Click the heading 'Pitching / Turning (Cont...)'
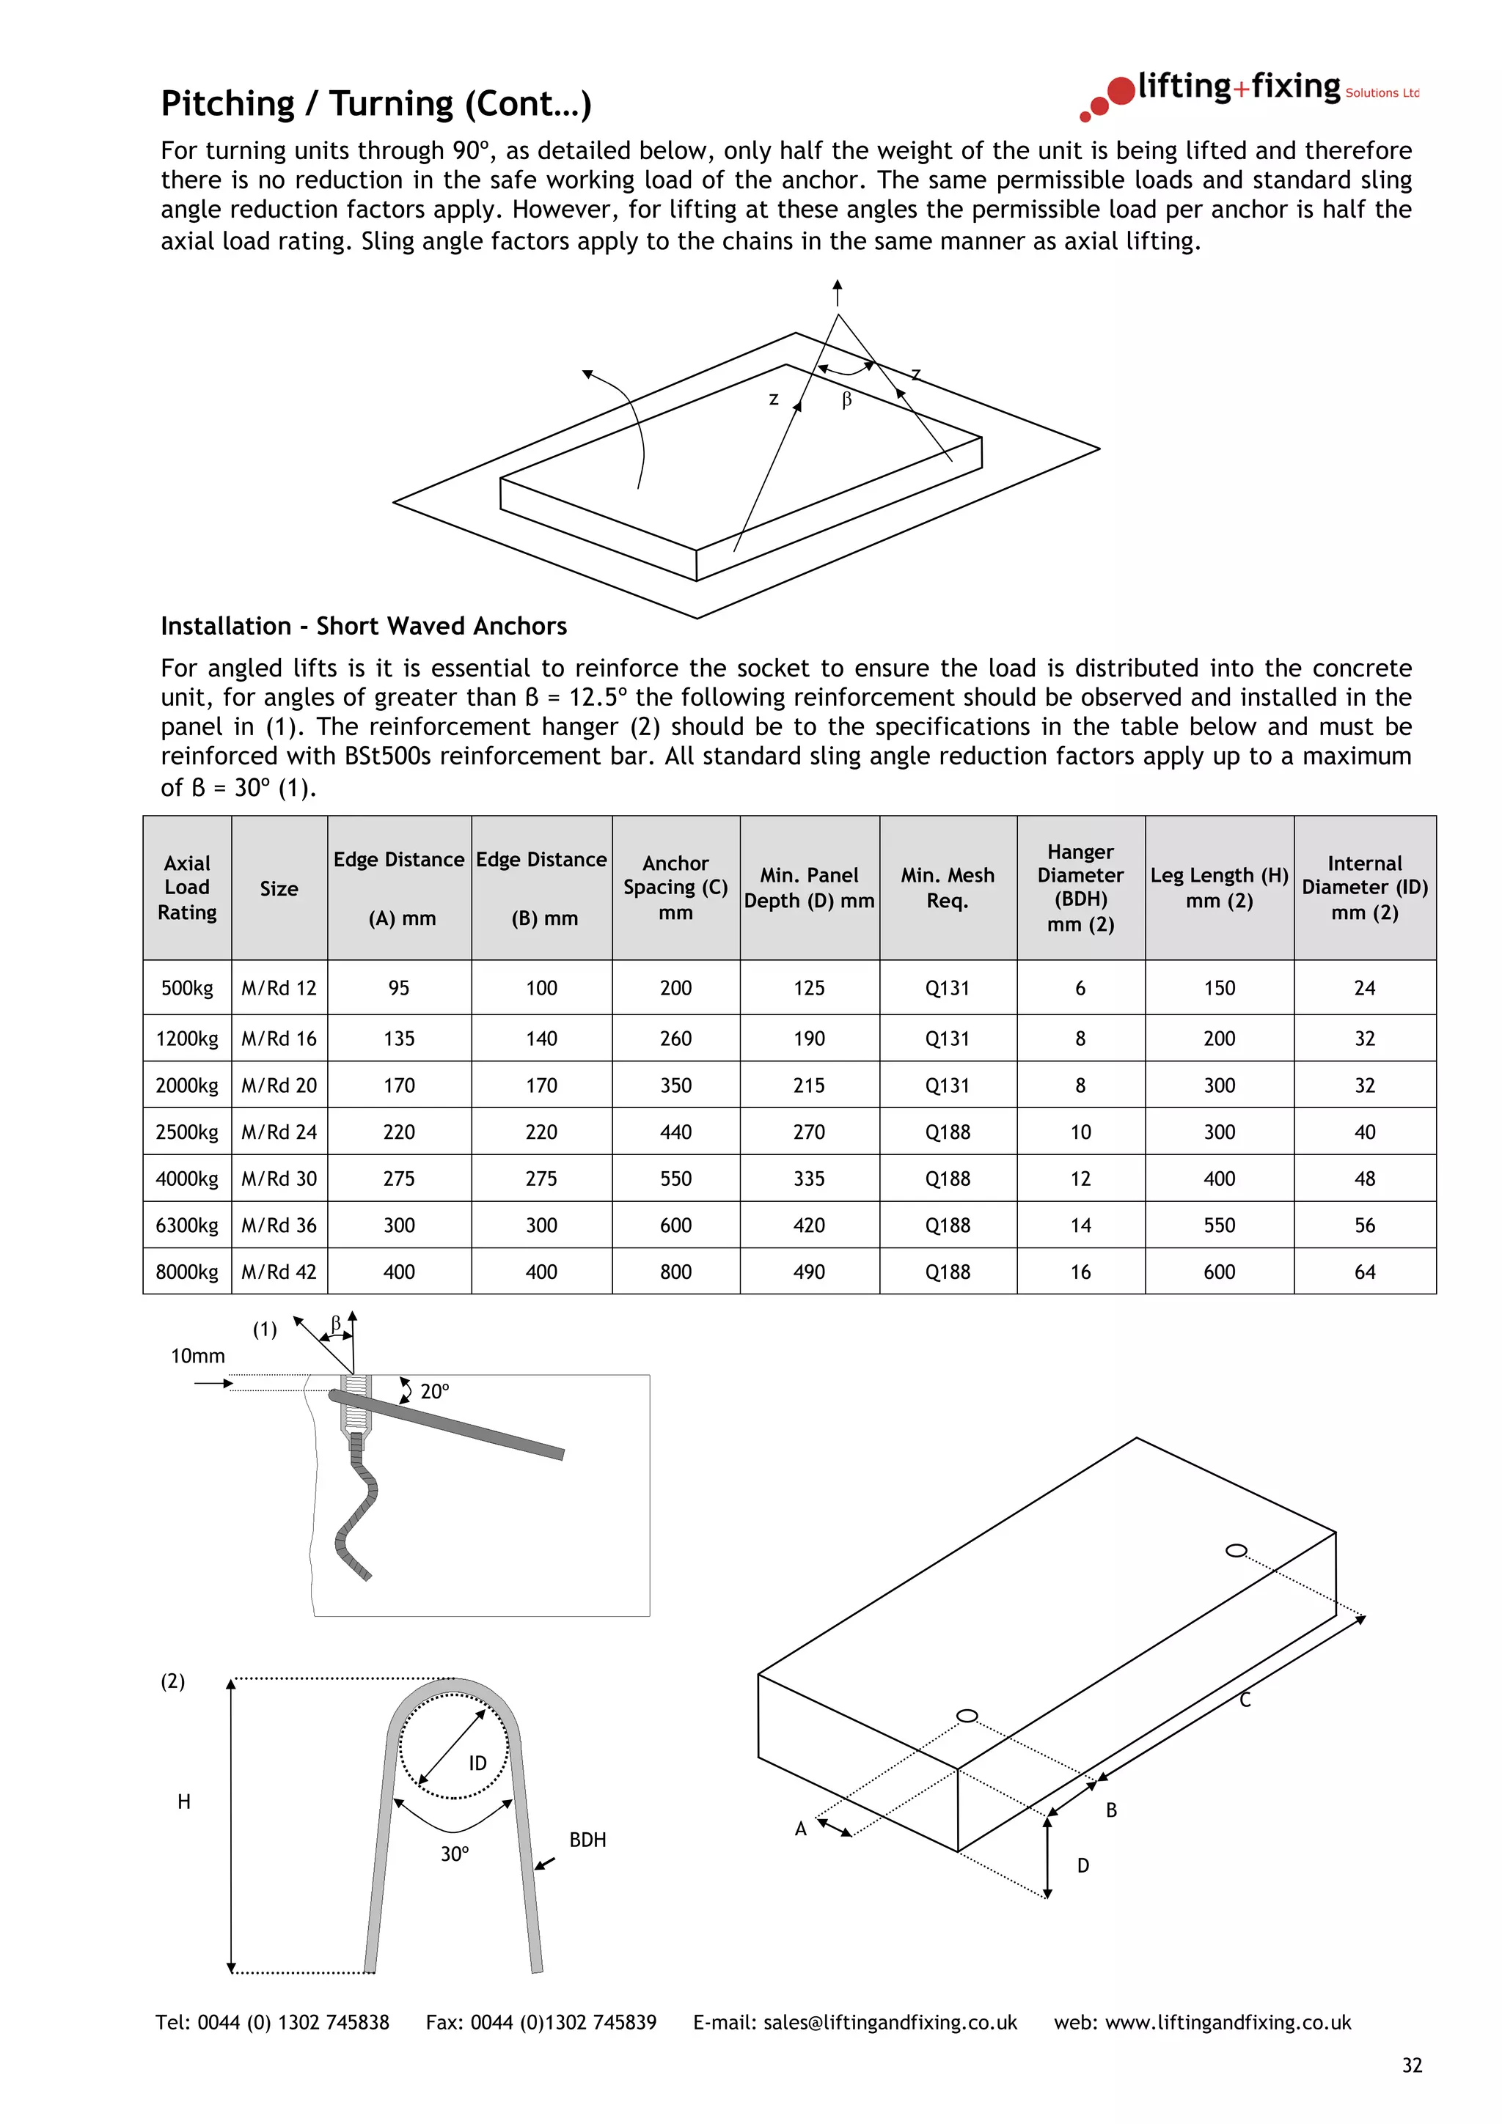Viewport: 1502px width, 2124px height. (x=375, y=103)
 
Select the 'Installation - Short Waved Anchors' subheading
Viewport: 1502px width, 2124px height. (x=364, y=627)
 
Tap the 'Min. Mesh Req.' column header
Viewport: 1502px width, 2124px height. (x=947, y=887)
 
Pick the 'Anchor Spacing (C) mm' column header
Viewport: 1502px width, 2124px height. (x=675, y=887)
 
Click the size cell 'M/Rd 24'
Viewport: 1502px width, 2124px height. (x=279, y=1132)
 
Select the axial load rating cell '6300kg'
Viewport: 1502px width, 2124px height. (x=187, y=1225)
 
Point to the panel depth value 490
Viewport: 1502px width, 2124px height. (x=808, y=1272)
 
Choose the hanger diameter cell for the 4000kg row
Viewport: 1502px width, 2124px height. (x=1080, y=1179)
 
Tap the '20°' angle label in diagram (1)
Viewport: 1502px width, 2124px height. (x=434, y=1391)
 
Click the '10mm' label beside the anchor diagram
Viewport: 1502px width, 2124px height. (x=197, y=1356)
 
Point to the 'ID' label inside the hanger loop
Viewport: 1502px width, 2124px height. (x=477, y=1763)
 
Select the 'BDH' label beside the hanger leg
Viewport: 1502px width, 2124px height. (x=587, y=1840)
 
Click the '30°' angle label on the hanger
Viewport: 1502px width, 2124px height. (x=455, y=1854)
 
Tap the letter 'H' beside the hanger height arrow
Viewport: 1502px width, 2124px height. (x=184, y=1802)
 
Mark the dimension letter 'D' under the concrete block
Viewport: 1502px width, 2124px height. (x=1082, y=1866)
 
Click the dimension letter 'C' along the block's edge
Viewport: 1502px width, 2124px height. (x=1245, y=1700)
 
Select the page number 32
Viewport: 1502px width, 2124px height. (x=1411, y=2065)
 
